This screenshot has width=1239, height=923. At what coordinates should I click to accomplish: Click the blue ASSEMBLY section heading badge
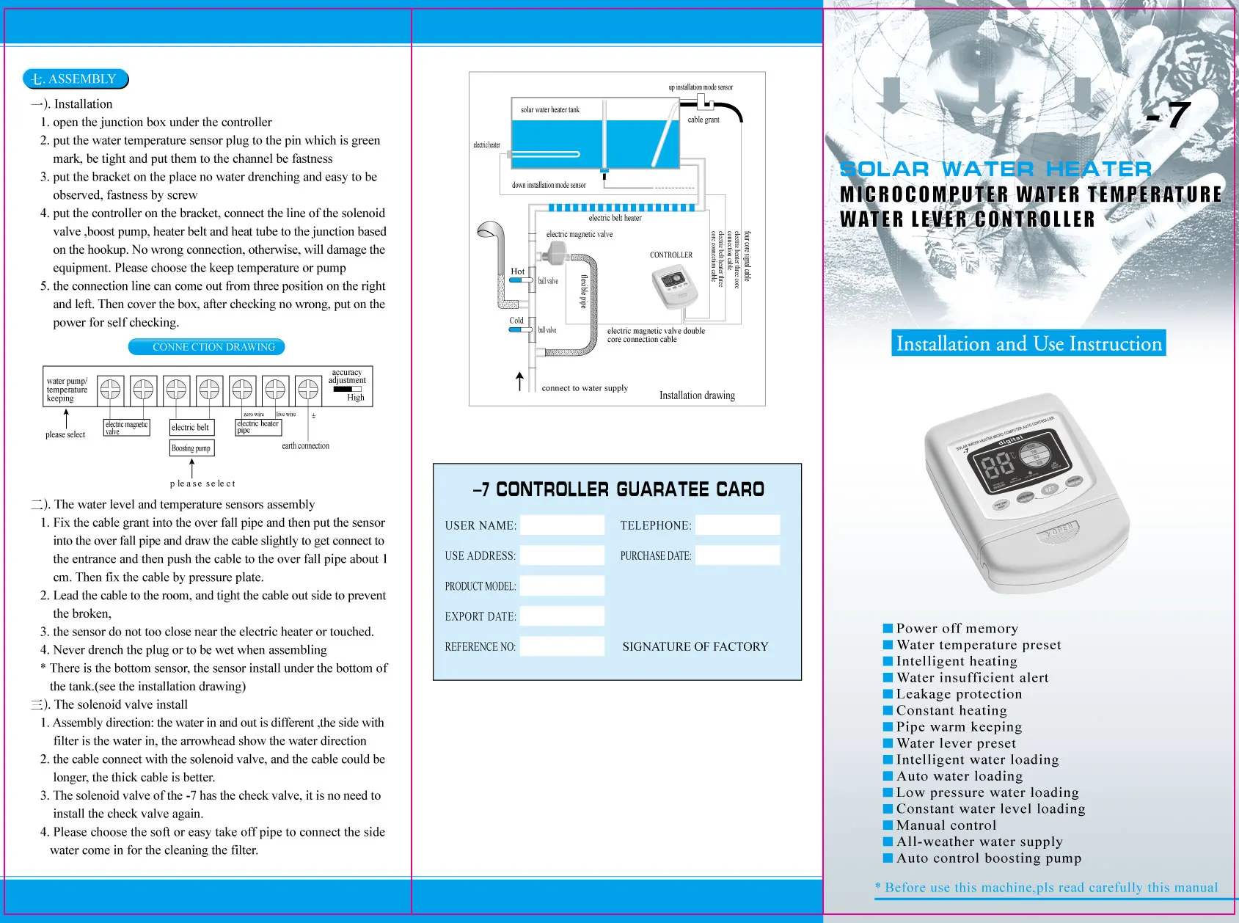click(x=76, y=79)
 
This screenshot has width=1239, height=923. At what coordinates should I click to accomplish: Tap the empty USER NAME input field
click(x=562, y=525)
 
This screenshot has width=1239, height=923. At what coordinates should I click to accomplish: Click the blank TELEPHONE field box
click(x=737, y=525)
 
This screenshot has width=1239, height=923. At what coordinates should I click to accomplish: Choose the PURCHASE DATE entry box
click(x=737, y=555)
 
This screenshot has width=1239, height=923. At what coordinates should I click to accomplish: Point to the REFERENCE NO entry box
click(x=562, y=646)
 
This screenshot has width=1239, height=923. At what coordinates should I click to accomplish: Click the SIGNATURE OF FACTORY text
click(x=695, y=646)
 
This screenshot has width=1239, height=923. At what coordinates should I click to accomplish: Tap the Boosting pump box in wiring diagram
click(x=191, y=448)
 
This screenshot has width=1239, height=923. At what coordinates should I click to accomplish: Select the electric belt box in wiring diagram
click(x=191, y=427)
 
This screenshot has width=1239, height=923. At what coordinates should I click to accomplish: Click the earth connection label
click(x=305, y=445)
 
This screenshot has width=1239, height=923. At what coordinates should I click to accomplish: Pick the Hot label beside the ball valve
click(x=517, y=271)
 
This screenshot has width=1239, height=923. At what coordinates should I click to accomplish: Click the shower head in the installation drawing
click(x=490, y=232)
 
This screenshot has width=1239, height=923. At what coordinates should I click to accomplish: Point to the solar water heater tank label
click(x=549, y=109)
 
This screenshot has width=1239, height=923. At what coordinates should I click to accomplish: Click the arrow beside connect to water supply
click(x=519, y=382)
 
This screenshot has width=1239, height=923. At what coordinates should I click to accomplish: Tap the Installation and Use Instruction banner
click(x=1028, y=343)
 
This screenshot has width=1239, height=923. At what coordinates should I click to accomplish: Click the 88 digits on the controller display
click(x=997, y=467)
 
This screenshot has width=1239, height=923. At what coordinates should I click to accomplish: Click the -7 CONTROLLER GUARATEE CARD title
click(x=618, y=489)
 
